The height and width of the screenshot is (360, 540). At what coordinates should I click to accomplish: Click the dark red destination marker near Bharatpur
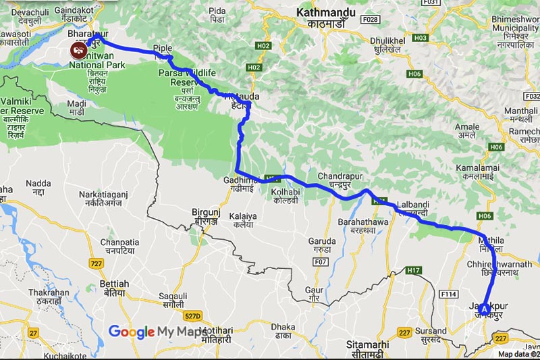[x=79, y=49]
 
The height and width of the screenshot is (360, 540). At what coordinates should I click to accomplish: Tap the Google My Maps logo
[x=157, y=332]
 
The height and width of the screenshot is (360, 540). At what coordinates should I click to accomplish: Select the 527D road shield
[x=193, y=315]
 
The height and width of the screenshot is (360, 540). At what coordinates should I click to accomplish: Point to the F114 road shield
[x=448, y=294]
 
